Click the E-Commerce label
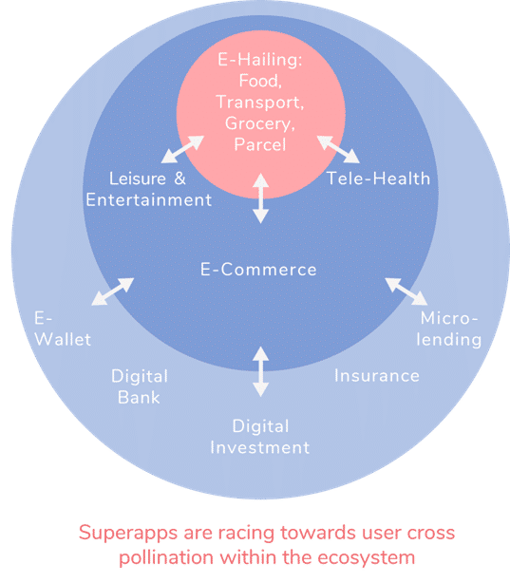258,270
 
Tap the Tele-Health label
378,179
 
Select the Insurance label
377,375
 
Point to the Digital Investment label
260,437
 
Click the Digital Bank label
140,386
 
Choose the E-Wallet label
63,329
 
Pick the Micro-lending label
449,329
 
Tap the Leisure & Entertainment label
149,189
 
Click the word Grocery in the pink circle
260,123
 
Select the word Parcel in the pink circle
260,144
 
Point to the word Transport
260,103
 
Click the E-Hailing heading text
260,60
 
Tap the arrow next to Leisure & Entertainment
182,149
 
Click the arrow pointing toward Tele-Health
338,149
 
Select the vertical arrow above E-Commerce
261,198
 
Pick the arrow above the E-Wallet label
113,291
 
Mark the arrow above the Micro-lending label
406,291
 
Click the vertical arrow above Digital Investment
261,372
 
